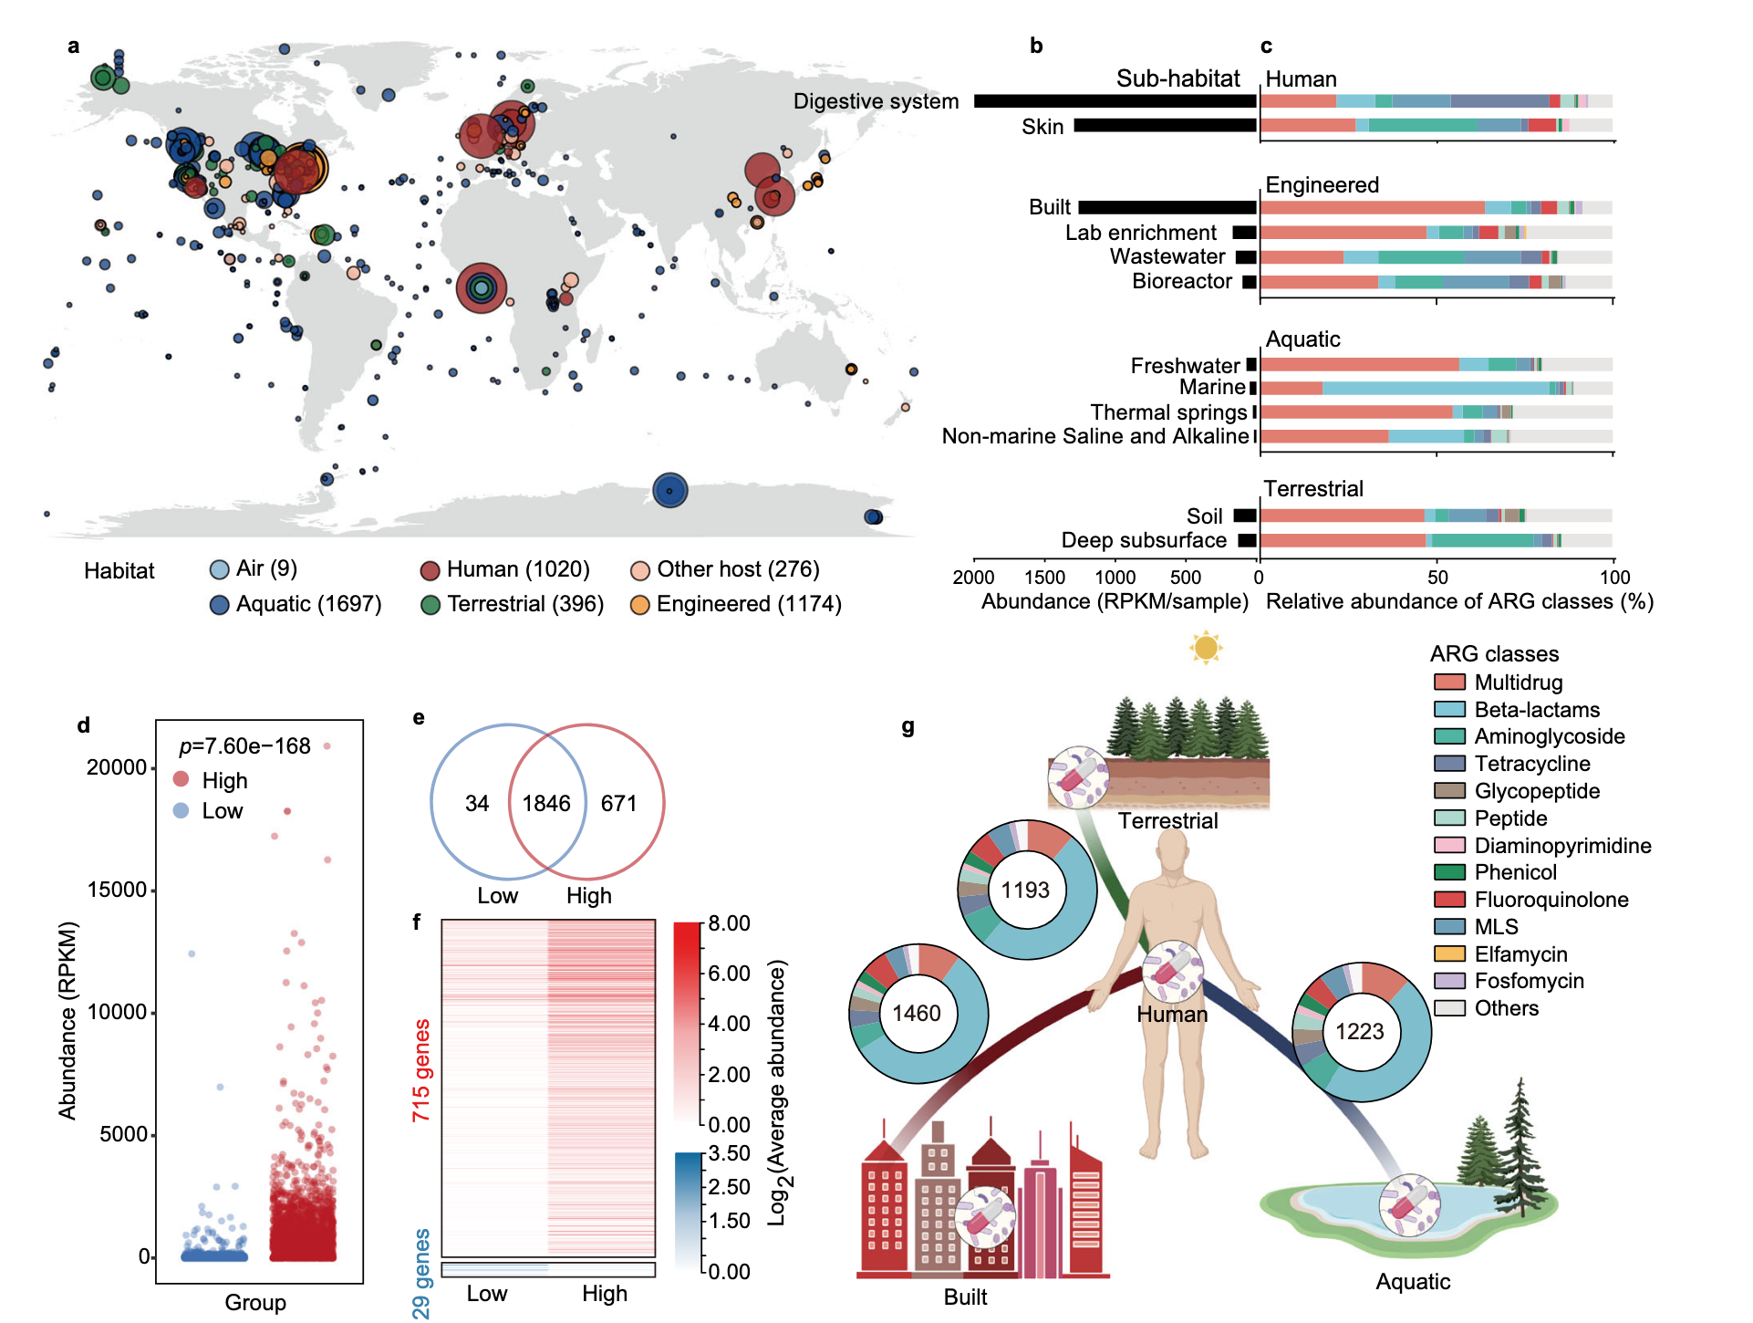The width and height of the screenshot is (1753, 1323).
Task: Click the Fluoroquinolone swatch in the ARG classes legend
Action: (1449, 900)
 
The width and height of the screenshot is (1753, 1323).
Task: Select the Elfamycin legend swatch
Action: (1449, 954)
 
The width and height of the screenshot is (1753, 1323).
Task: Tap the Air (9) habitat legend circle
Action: (219, 570)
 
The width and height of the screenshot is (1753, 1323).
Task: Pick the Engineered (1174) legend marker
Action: (640, 605)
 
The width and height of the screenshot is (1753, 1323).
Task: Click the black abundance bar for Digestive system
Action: (1115, 101)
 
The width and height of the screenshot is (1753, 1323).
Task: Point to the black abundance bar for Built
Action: (1167, 208)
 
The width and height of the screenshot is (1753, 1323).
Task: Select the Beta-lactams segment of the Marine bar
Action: (1435, 388)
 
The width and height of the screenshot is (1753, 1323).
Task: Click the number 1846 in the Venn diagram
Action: (546, 804)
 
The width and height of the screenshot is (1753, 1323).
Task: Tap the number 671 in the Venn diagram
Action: (618, 804)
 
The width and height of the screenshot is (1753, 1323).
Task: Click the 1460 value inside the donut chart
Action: (917, 1014)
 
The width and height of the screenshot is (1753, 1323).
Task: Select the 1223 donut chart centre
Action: (1360, 1032)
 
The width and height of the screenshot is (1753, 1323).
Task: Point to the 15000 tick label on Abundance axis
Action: (117, 890)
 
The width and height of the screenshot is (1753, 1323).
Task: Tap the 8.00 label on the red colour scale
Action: (730, 923)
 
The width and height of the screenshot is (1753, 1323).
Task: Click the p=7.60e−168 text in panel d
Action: (244, 746)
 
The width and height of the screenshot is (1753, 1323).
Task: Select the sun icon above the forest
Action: (1206, 648)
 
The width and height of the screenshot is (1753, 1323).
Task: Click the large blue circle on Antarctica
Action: (669, 491)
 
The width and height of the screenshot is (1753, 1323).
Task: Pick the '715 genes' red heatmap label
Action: (420, 1070)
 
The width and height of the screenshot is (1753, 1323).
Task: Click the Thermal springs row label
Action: (1168, 412)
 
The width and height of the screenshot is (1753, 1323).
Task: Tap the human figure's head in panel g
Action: (1172, 858)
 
